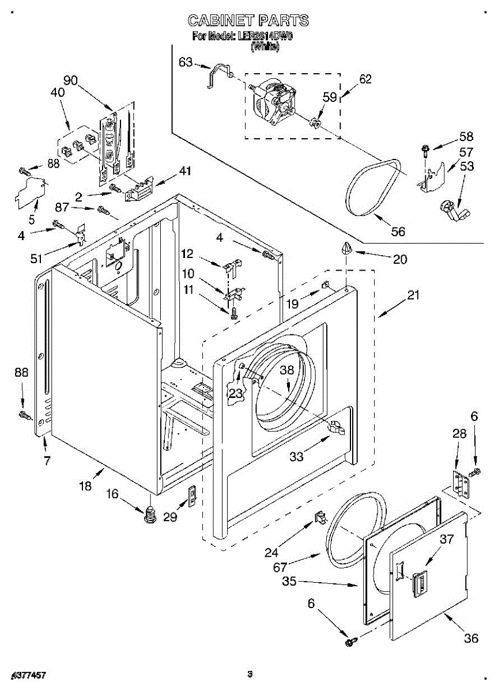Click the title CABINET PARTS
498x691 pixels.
point(248,21)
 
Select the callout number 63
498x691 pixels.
point(186,62)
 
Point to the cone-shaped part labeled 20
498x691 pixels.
point(345,248)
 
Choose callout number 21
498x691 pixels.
point(413,295)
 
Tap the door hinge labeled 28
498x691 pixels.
point(459,483)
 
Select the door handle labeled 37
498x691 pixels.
point(419,582)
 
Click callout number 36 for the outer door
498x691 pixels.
point(471,638)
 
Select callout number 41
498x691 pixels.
point(184,171)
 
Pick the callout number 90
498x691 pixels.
point(71,81)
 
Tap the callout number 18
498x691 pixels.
point(85,486)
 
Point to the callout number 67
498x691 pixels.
point(280,567)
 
